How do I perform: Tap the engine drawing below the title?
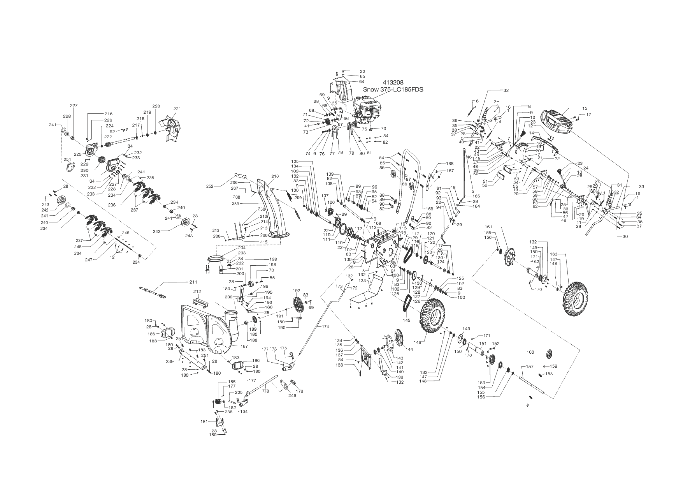tap(368, 109)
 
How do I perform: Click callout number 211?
tap(193, 282)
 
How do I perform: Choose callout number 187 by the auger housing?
tap(244, 346)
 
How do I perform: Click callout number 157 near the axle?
tap(530, 367)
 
